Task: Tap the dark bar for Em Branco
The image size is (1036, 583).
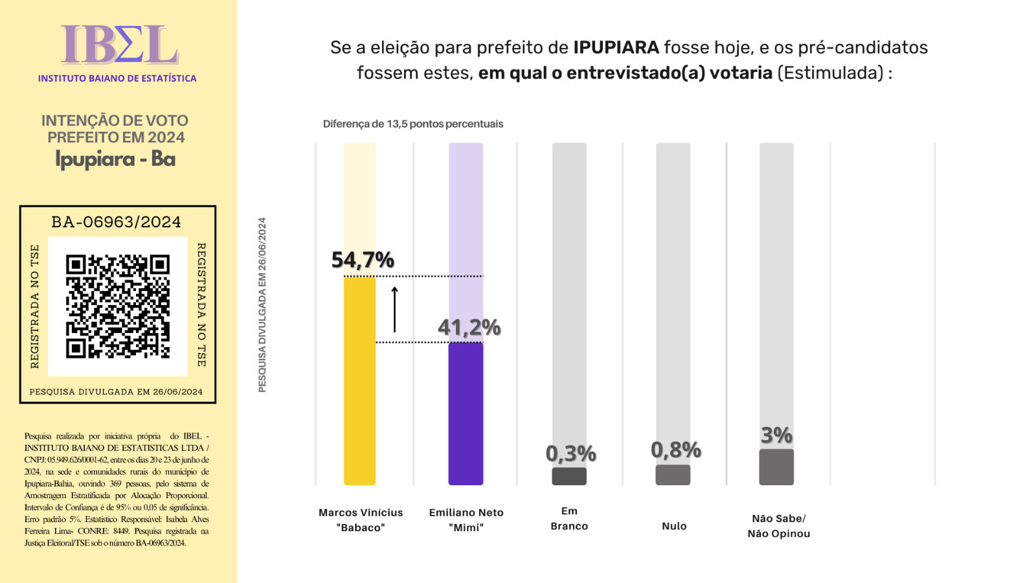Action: click(569, 476)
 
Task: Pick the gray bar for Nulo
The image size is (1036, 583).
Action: click(673, 475)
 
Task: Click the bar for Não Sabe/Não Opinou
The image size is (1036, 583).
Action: click(776, 467)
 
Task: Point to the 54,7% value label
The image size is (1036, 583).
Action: click(363, 260)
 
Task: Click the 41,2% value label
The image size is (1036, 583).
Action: click(469, 327)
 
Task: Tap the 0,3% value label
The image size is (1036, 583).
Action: click(570, 453)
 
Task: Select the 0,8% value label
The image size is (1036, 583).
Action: click(675, 450)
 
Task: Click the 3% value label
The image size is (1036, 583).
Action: click(776, 435)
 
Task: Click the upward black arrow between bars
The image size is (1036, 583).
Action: click(394, 309)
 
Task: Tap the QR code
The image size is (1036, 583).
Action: click(118, 306)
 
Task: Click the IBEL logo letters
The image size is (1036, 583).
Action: click(119, 45)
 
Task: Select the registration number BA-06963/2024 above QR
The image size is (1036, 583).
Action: click(117, 222)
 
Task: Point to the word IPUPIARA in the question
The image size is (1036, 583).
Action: click(616, 47)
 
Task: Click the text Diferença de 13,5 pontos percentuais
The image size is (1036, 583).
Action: click(413, 124)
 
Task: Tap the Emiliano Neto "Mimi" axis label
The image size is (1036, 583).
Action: click(466, 520)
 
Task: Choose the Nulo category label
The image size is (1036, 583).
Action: click(674, 526)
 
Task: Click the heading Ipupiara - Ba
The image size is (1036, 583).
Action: click(115, 159)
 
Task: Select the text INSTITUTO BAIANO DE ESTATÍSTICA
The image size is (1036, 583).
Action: click(117, 78)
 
